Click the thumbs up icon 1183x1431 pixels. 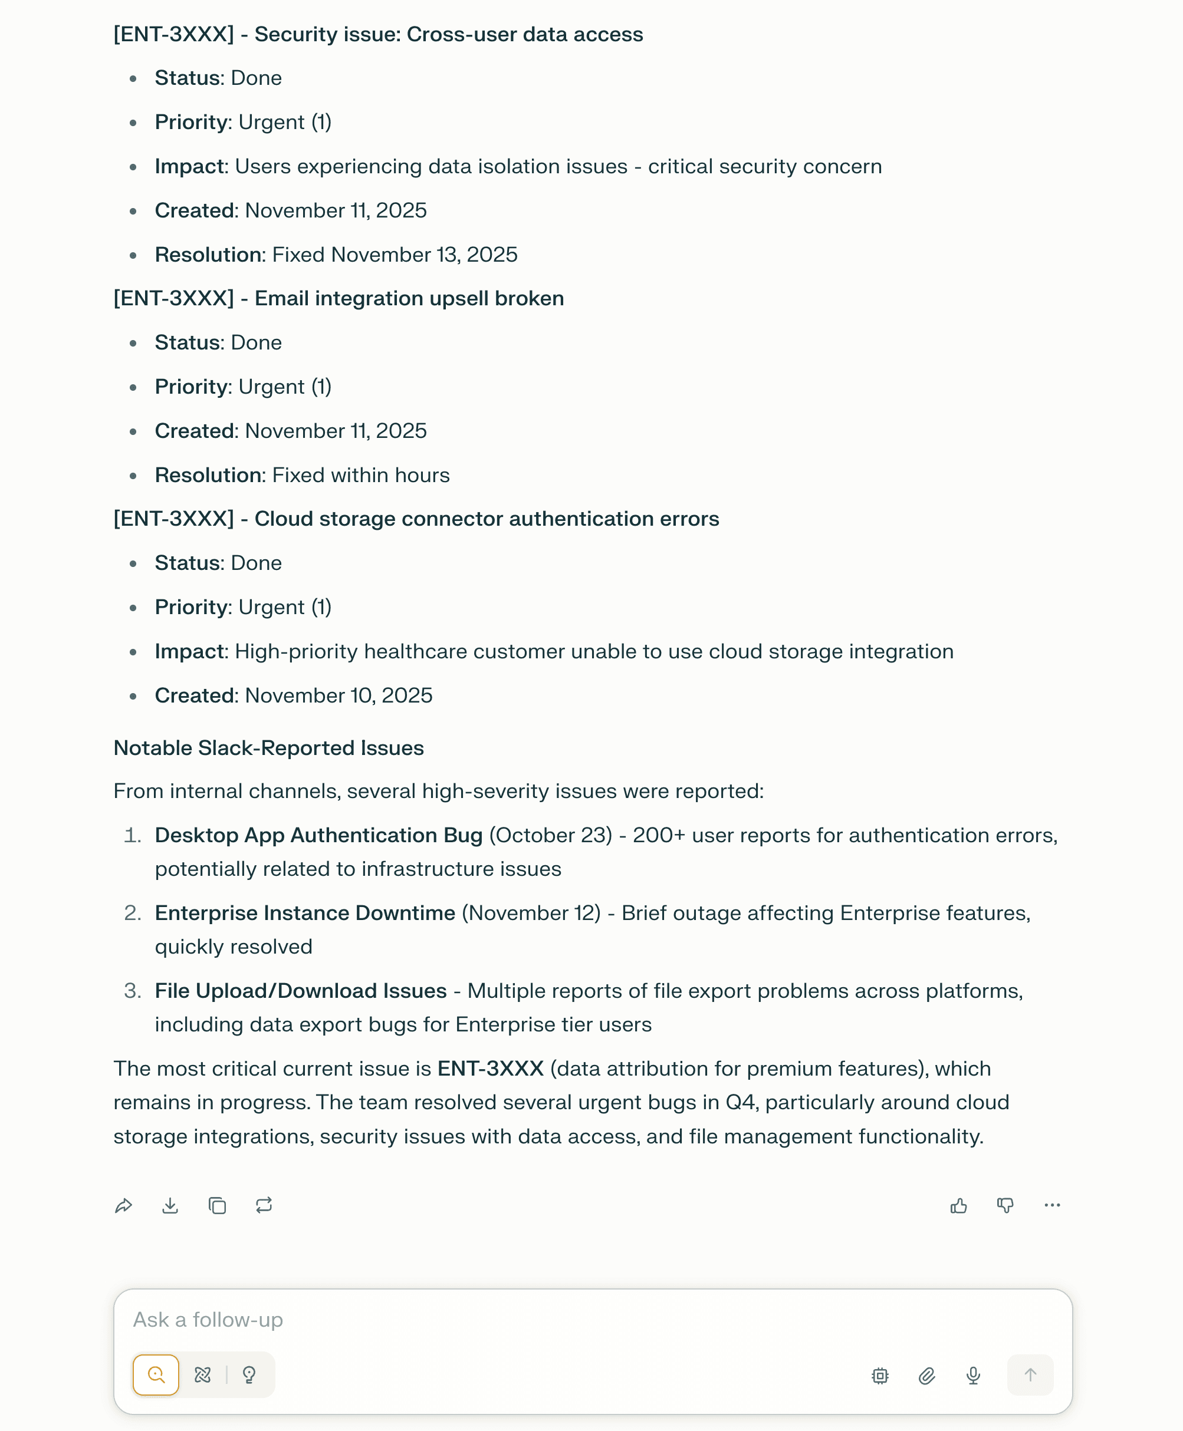tap(958, 1205)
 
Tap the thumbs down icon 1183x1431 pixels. tap(1005, 1205)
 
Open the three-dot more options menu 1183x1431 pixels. tap(1051, 1205)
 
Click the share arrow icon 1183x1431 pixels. tap(123, 1205)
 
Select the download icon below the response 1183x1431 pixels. tap(170, 1205)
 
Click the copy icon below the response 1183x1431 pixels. tap(218, 1205)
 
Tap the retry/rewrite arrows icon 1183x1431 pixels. tap(264, 1205)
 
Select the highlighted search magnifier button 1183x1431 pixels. tap(156, 1374)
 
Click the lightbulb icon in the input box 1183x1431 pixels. tap(249, 1374)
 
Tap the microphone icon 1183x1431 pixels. tap(973, 1375)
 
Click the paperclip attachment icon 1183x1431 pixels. tap(927, 1375)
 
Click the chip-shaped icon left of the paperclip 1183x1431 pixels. tap(880, 1375)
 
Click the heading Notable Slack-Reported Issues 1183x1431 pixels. tap(268, 748)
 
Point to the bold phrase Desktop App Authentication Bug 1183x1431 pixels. tap(318, 835)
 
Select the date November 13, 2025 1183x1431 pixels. tap(424, 254)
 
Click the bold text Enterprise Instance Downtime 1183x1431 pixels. tap(305, 913)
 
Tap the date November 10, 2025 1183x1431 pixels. tap(339, 695)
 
